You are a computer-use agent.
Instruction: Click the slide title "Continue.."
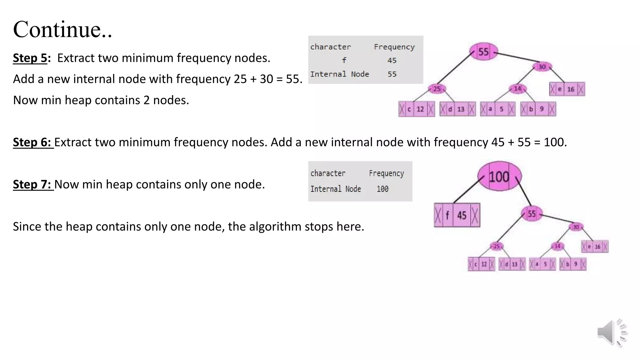[62, 29]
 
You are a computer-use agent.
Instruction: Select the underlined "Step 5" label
[30, 58]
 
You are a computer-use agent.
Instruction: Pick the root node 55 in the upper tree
[483, 52]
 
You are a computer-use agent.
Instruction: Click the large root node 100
[499, 177]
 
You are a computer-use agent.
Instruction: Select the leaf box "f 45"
[457, 215]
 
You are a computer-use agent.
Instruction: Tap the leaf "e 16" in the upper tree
[567, 89]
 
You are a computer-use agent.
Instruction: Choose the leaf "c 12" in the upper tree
[416, 109]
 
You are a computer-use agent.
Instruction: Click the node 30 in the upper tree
[542, 67]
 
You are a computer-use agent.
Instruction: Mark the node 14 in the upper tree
[517, 89]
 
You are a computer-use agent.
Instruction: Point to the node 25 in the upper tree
[437, 89]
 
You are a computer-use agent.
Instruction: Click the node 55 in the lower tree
[532, 214]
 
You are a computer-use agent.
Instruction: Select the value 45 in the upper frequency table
[392, 60]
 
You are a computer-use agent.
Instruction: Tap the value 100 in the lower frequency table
[382, 189]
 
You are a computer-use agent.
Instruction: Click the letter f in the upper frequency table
[344, 60]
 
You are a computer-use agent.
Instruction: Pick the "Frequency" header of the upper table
[394, 47]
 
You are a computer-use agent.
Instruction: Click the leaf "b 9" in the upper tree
[538, 109]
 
